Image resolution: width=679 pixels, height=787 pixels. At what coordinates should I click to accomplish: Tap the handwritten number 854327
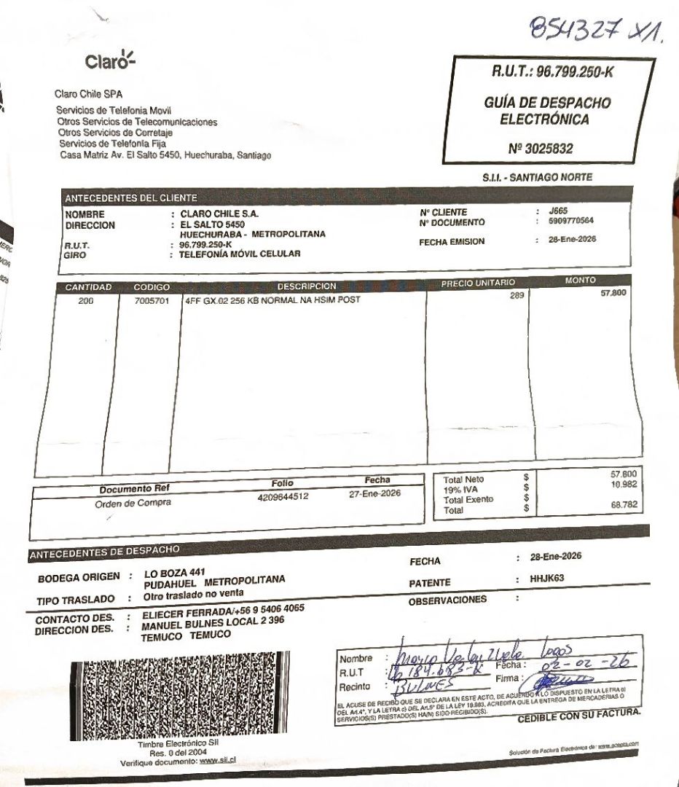click(576, 30)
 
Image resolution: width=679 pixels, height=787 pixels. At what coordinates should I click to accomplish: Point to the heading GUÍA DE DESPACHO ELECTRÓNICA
click(546, 111)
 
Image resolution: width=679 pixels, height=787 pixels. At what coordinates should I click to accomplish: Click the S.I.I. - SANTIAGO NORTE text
click(537, 177)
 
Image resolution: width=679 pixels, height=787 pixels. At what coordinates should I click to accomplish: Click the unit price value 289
click(517, 296)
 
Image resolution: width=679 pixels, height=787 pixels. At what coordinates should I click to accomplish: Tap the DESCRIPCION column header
click(307, 286)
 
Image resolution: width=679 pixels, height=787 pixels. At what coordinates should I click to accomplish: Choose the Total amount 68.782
click(624, 504)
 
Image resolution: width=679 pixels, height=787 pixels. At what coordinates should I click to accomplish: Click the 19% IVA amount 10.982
click(624, 484)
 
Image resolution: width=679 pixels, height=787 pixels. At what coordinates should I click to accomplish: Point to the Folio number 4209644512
click(283, 496)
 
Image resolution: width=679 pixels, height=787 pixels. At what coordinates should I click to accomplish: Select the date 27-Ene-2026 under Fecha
click(375, 493)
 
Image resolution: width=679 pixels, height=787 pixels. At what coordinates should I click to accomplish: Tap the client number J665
click(557, 211)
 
